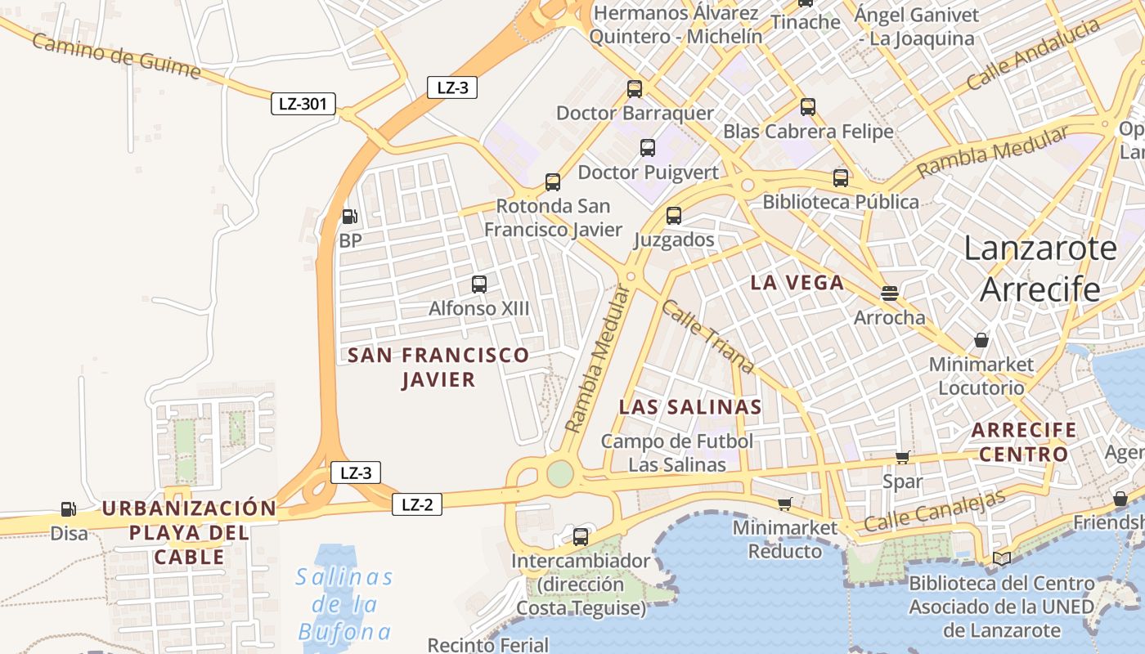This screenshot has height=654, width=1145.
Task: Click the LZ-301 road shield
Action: (303, 104)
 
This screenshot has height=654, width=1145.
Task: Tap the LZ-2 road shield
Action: (417, 504)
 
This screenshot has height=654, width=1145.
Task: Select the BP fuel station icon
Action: (349, 217)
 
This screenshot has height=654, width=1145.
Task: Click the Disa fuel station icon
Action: (69, 509)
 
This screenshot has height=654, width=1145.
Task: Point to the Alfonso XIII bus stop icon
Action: (479, 284)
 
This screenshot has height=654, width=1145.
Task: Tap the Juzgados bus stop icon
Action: (673, 216)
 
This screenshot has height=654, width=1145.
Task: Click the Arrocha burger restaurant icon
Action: (890, 293)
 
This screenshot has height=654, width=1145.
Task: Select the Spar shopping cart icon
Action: (902, 458)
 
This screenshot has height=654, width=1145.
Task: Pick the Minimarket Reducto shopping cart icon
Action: (784, 504)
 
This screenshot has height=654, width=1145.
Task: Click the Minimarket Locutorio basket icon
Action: (981, 340)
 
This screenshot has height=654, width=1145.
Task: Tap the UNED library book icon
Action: (1002, 559)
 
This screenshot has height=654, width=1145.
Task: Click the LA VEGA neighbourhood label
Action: (797, 283)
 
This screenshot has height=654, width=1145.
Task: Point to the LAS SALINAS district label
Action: (690, 407)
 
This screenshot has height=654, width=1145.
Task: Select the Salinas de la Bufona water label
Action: (344, 604)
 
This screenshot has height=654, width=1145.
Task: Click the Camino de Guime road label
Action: (116, 56)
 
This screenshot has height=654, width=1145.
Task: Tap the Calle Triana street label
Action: (707, 336)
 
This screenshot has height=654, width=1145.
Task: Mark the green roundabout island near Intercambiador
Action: (560, 473)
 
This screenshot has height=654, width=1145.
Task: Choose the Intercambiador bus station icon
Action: (581, 537)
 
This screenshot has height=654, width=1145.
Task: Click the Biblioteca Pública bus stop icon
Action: (841, 178)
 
